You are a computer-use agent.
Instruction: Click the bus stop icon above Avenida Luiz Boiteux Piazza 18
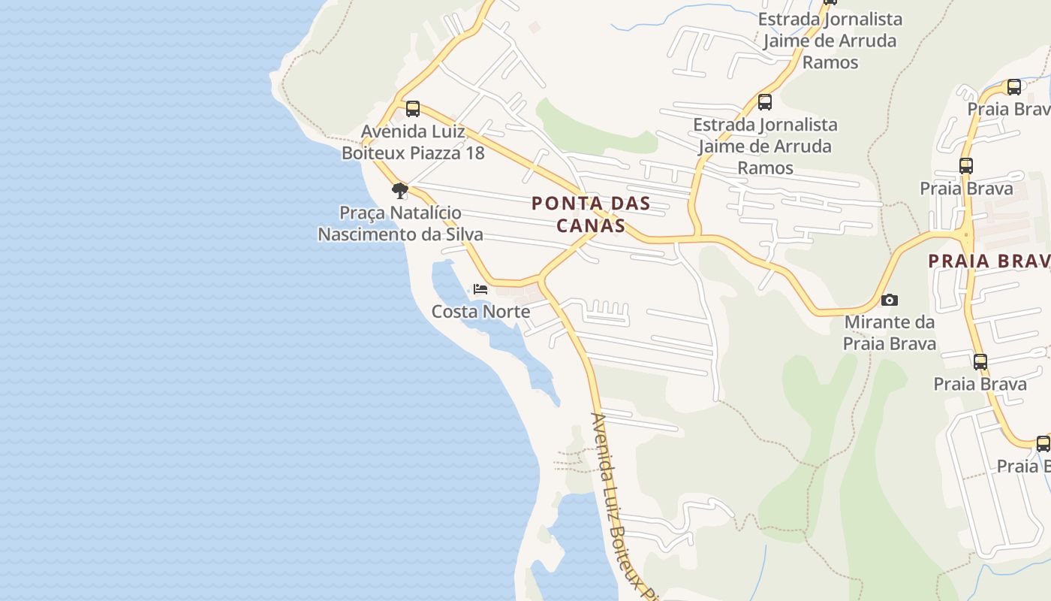tap(412, 109)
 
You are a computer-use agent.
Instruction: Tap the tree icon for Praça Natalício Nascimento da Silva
tap(400, 190)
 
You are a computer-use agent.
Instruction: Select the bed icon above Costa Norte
tap(480, 289)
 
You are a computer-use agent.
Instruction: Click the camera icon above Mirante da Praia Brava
tap(889, 300)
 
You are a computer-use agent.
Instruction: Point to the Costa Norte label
tap(480, 312)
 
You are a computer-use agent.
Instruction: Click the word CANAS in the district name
tap(591, 225)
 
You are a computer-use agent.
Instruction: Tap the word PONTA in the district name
tap(559, 204)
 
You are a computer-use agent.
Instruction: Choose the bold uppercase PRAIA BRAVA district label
tap(988, 261)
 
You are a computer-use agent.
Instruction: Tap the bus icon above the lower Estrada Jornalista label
tap(764, 102)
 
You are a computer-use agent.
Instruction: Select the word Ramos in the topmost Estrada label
tap(830, 62)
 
